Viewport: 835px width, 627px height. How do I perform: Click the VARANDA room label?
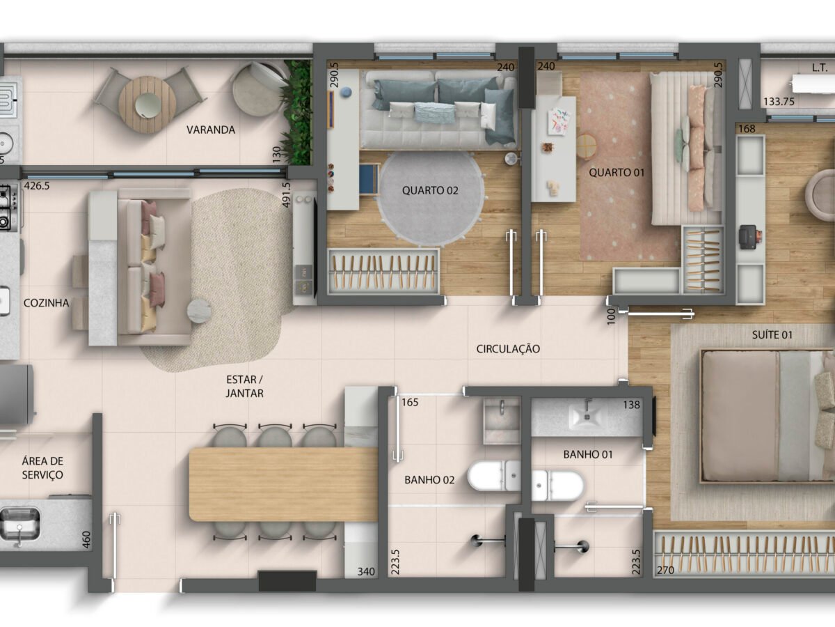pyautogui.click(x=211, y=130)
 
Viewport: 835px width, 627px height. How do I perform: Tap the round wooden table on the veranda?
pyautogui.click(x=147, y=104)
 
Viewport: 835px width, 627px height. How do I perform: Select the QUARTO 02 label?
pyautogui.click(x=430, y=190)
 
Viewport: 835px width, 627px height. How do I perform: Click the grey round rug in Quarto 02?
pyautogui.click(x=431, y=198)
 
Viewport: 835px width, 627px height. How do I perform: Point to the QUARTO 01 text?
pyautogui.click(x=617, y=173)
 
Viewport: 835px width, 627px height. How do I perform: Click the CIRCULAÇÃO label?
pyautogui.click(x=508, y=349)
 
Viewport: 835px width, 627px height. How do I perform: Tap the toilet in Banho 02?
pyautogui.click(x=494, y=476)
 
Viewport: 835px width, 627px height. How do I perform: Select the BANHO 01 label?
pyautogui.click(x=588, y=454)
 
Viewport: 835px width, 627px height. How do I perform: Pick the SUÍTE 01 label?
pyautogui.click(x=772, y=335)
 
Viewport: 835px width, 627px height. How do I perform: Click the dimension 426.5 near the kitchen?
pyautogui.click(x=37, y=186)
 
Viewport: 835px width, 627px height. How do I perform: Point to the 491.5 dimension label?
pyautogui.click(x=286, y=195)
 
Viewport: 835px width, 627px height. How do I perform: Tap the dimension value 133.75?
pyautogui.click(x=779, y=102)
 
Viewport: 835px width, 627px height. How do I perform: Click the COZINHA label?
pyautogui.click(x=47, y=303)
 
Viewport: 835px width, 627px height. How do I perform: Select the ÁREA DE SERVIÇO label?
pyautogui.click(x=42, y=468)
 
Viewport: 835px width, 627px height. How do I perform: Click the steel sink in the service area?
pyautogui.click(x=19, y=523)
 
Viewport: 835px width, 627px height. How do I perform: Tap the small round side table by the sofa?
pyautogui.click(x=199, y=311)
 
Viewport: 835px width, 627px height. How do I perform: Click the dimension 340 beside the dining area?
pyautogui.click(x=366, y=571)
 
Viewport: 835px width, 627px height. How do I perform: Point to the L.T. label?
pyautogui.click(x=820, y=68)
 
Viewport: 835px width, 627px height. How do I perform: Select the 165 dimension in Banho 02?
pyautogui.click(x=410, y=402)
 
